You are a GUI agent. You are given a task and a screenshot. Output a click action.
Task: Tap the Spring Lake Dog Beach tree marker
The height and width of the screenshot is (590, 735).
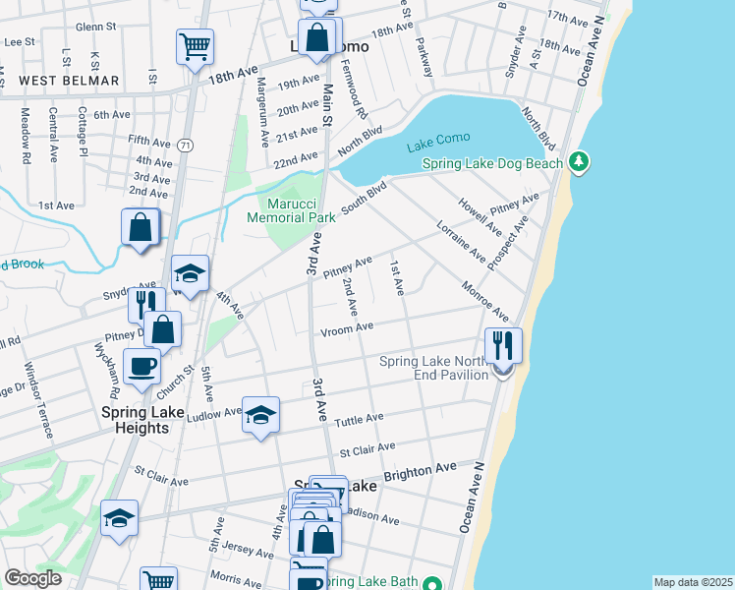[580, 161]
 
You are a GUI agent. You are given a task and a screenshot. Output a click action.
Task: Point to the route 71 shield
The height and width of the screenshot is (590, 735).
[185, 146]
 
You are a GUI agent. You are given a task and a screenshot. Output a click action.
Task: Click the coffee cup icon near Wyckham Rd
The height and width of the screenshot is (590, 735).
[141, 368]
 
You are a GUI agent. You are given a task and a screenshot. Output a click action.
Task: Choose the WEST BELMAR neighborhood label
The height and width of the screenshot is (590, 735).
[70, 81]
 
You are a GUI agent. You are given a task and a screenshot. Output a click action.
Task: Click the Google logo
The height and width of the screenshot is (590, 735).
[33, 578]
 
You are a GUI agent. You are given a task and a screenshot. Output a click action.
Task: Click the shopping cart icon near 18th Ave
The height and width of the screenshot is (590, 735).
[195, 45]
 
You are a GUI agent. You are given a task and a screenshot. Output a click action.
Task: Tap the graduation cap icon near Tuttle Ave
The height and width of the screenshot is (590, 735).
[260, 415]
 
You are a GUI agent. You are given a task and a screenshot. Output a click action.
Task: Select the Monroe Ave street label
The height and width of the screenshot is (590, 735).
[487, 300]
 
